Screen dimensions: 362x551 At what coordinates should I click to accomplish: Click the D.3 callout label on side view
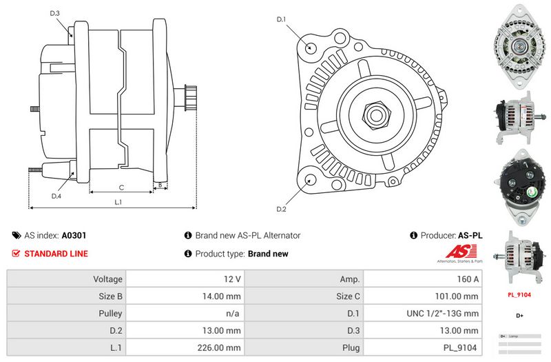click(x=55, y=13)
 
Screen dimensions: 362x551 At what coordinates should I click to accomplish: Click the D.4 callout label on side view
click(x=56, y=196)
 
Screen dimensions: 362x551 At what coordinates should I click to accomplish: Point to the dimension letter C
click(x=121, y=187)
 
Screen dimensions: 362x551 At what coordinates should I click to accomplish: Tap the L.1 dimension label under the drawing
click(x=118, y=202)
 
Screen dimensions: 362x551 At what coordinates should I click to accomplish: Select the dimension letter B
click(x=160, y=185)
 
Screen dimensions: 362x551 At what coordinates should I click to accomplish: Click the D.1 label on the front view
click(x=281, y=20)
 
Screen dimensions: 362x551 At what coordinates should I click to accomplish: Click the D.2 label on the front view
click(x=281, y=209)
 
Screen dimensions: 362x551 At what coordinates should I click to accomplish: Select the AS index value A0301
click(x=74, y=235)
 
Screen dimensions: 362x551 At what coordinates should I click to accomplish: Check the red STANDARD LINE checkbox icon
click(x=17, y=253)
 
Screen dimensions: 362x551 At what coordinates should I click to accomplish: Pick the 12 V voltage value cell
click(x=233, y=279)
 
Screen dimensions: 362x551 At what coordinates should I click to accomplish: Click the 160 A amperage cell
click(x=468, y=279)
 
